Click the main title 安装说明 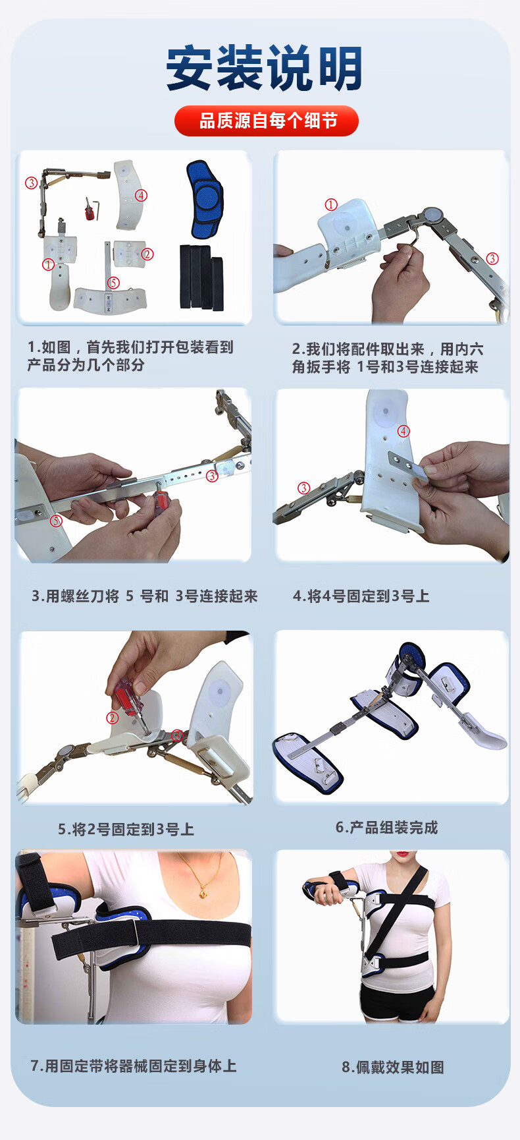click(264, 68)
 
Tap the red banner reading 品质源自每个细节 click(267, 121)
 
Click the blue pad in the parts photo click(205, 199)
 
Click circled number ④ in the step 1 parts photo click(141, 195)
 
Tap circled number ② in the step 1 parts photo click(147, 254)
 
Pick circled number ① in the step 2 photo click(331, 204)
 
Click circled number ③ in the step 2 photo click(492, 258)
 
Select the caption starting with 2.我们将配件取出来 click(388, 358)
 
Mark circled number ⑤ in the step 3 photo click(57, 521)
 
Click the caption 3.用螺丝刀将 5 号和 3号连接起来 click(145, 596)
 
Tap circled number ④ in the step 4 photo click(403, 431)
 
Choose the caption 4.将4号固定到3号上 click(361, 596)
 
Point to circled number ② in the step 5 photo click(113, 718)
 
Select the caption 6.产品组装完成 click(387, 828)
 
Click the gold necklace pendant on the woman click(203, 894)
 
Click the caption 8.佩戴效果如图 click(393, 1067)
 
